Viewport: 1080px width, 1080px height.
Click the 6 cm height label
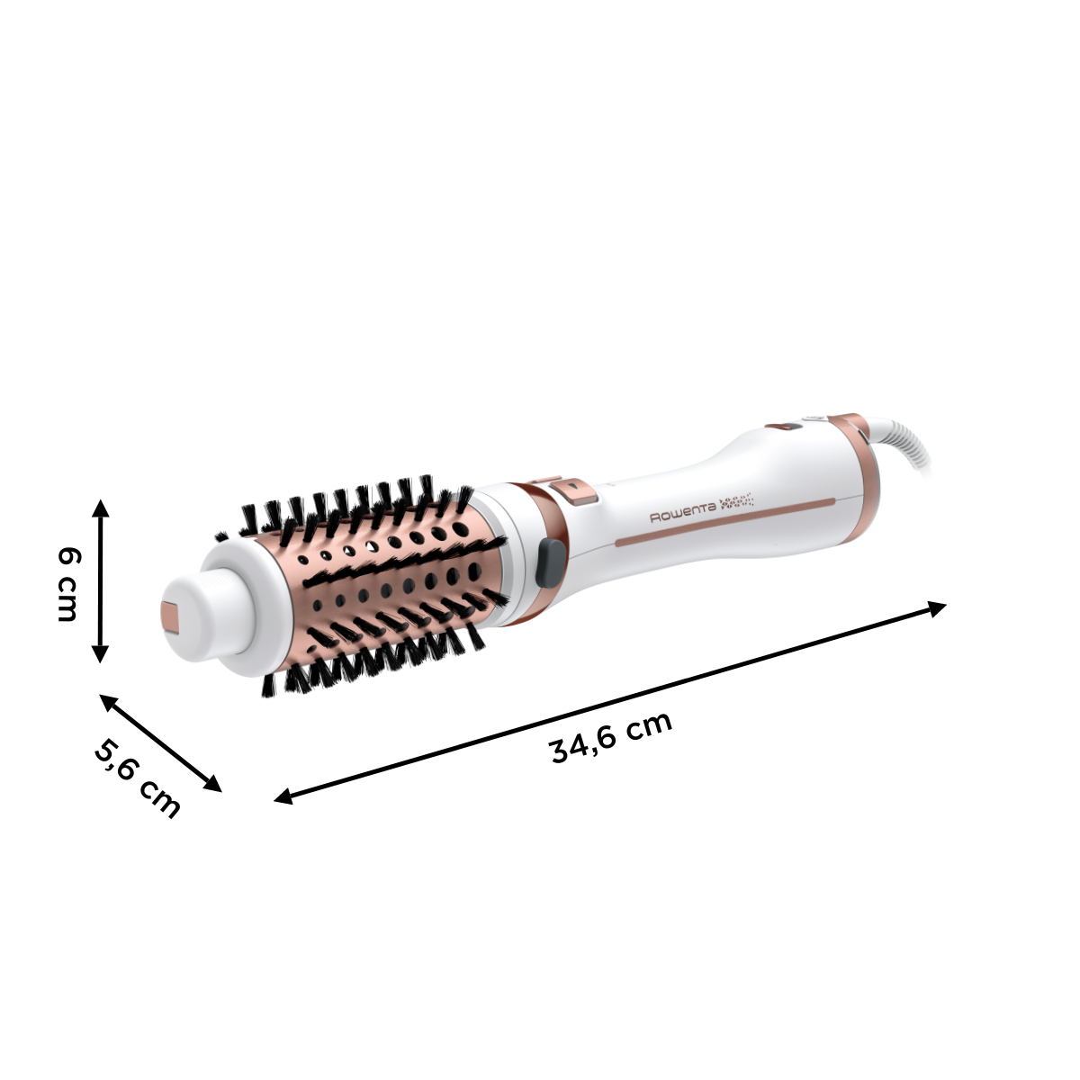tap(67, 583)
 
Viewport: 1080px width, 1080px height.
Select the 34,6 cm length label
tap(611, 737)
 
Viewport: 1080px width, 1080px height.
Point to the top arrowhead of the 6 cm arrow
tap(101, 506)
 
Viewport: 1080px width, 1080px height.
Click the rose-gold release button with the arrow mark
tap(571, 488)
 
